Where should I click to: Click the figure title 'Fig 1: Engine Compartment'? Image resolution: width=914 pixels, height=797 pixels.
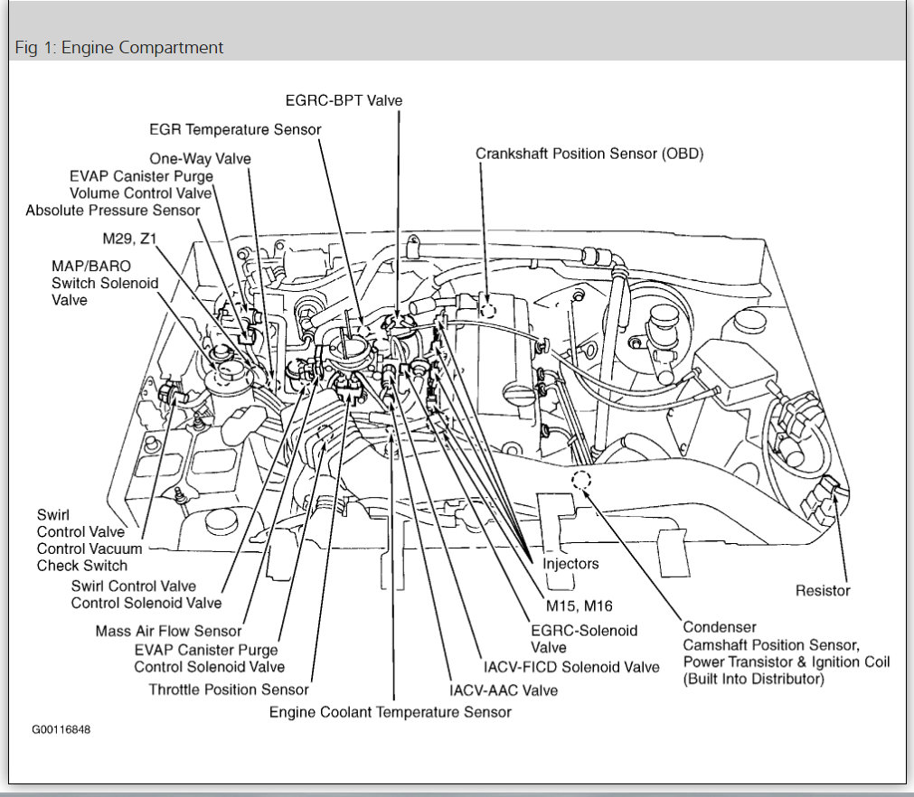[119, 47]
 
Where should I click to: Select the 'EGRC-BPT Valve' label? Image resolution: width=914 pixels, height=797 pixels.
[344, 100]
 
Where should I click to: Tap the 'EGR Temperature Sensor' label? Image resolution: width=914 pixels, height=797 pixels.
[235, 129]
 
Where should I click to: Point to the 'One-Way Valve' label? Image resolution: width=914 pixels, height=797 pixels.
[200, 158]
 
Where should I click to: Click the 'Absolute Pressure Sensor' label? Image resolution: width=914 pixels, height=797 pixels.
[113, 210]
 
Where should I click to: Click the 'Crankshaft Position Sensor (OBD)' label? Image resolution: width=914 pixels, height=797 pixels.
[589, 154]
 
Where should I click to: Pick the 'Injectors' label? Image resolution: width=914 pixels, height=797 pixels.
[570, 563]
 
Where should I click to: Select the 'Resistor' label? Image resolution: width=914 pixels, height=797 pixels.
[823, 590]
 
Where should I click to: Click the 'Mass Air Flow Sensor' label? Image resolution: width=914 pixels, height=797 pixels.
[169, 631]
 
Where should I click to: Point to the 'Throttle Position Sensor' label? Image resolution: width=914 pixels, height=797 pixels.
[229, 689]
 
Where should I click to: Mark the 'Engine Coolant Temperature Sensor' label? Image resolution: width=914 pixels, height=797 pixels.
[391, 712]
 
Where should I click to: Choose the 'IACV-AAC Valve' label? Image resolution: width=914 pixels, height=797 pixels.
[504, 689]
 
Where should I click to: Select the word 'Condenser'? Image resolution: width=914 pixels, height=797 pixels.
[720, 626]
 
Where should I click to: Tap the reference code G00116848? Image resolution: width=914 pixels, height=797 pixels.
[61, 729]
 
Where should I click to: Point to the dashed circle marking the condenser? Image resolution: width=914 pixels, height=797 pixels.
[579, 480]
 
